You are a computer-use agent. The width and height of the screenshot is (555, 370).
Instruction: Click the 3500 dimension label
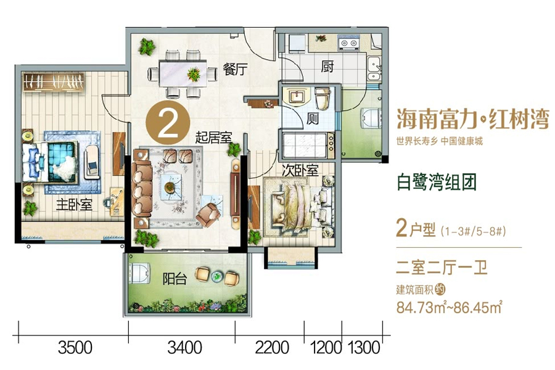coord(75,348)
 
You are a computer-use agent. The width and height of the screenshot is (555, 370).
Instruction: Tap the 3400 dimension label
coord(184,348)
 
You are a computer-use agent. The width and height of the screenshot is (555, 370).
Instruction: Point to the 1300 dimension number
coord(363,348)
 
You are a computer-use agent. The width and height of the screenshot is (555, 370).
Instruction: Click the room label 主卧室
coord(74,205)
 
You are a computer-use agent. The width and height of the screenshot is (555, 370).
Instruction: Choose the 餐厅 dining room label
coord(234,70)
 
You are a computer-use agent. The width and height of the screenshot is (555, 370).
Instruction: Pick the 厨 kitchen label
coord(327,67)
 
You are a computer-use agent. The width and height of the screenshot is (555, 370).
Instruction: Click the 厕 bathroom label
coord(313,119)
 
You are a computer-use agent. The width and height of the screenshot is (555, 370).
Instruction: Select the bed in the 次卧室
coord(295,203)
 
